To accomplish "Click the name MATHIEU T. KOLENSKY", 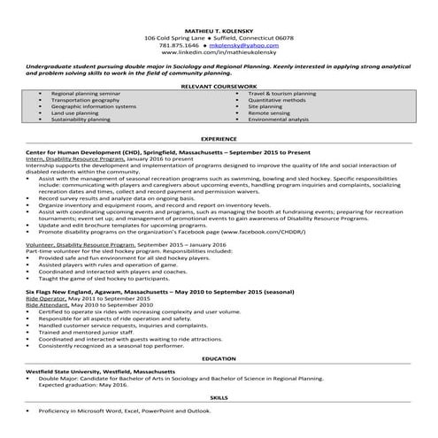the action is coord(219,29).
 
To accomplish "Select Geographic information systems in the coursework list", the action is coord(94,106).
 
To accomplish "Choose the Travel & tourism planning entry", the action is coord(281,93).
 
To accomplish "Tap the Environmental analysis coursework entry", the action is coord(278,119).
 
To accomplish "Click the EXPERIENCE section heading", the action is coord(219,140).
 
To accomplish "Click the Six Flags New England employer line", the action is coord(143,291).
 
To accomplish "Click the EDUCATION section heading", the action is coord(219,358).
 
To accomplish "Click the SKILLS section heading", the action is coord(219,399).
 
